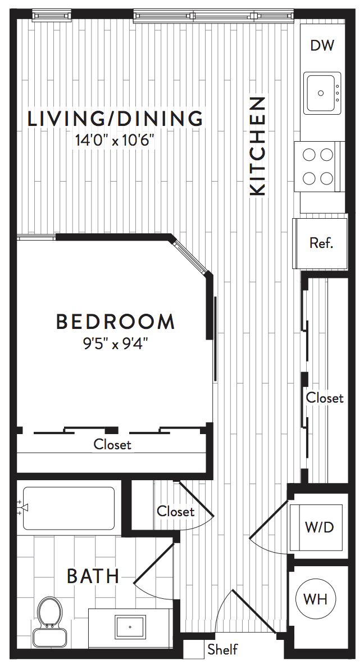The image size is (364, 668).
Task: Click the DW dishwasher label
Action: (322, 45)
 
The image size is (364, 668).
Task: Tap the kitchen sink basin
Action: (322, 93)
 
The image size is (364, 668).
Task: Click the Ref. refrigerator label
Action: (321, 243)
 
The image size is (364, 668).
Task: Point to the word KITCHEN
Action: (258, 146)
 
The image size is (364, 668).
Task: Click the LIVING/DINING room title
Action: (115, 119)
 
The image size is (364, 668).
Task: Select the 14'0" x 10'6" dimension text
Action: (114, 141)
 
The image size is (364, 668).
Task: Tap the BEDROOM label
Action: (115, 322)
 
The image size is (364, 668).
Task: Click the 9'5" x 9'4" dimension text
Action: (115, 344)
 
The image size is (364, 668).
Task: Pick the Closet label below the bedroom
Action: (112, 444)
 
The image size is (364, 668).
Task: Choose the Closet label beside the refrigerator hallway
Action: (325, 398)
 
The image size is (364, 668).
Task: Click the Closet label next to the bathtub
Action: (175, 511)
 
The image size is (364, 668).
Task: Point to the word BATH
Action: (93, 576)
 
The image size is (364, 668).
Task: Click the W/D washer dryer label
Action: (319, 527)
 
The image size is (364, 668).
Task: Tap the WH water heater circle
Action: (316, 599)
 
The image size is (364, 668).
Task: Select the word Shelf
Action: (222, 649)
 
